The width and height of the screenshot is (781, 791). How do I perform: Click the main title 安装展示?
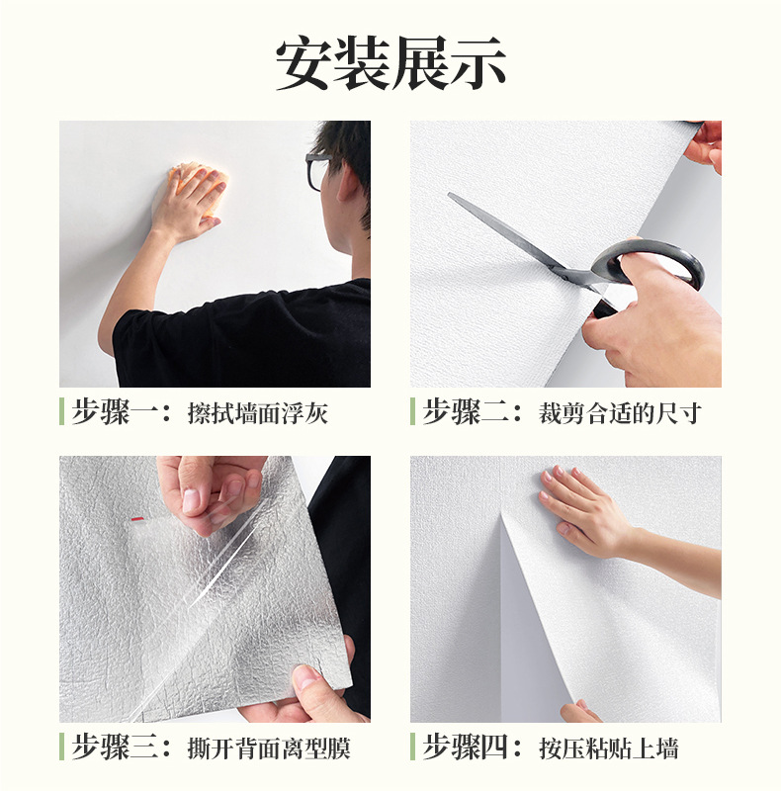coord(390,63)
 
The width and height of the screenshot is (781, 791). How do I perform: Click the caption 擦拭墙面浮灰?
coord(258,413)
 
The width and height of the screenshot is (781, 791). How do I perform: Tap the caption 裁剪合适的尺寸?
coord(620,413)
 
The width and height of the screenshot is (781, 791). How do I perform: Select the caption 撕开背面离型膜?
coord(269,748)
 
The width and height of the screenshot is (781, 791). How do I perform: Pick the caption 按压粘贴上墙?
coord(608,748)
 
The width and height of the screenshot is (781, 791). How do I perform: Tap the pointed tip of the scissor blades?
coord(449,194)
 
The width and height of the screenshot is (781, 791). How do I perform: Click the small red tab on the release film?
coord(136,518)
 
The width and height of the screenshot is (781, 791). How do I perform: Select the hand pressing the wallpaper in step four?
coord(580,509)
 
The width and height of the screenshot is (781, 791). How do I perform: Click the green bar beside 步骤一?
coord(61,411)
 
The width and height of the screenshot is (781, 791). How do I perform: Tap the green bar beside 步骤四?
coord(412,747)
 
